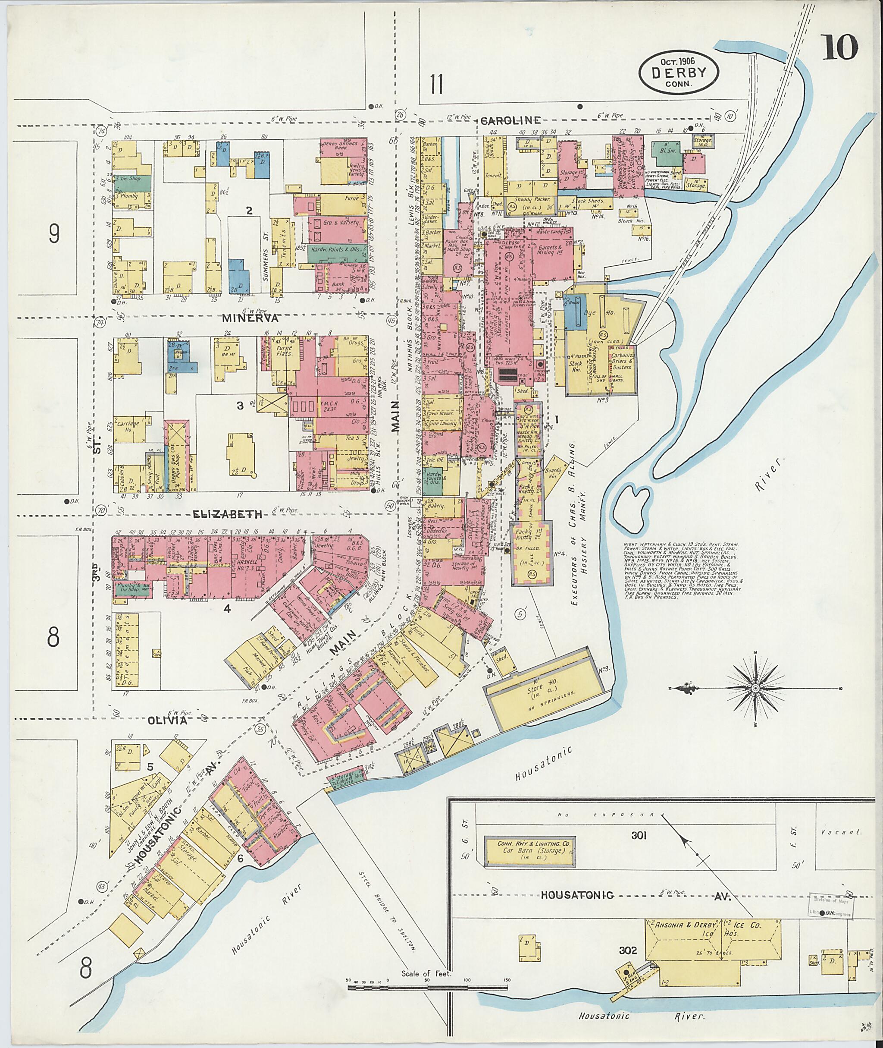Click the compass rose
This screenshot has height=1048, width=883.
click(x=755, y=689)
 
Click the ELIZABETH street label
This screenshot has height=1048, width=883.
click(x=228, y=514)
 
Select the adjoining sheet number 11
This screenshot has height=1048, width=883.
click(x=436, y=83)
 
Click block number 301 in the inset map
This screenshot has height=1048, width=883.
click(x=639, y=835)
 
